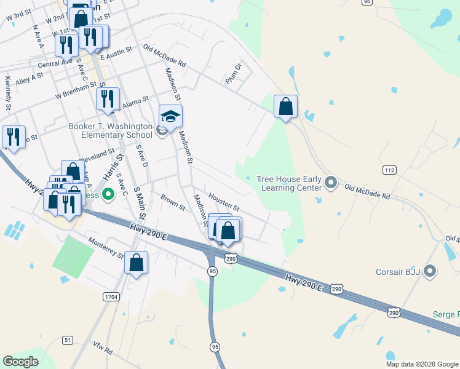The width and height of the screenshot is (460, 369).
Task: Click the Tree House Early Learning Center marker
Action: [x=331, y=183]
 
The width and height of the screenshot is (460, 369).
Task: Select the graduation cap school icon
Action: [x=171, y=116]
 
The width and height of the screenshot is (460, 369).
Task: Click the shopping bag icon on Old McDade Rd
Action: [x=285, y=107]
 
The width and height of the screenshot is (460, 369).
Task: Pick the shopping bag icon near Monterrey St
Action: [x=137, y=263]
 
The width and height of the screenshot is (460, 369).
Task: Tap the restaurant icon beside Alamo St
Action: [x=108, y=99]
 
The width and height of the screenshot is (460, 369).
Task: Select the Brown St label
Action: [x=173, y=203]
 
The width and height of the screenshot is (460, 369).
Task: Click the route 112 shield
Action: [x=389, y=170]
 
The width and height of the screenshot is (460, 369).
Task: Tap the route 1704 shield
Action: [x=111, y=297]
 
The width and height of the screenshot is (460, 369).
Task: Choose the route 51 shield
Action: [x=68, y=340]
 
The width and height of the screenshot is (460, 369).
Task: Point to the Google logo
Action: [x=20, y=362]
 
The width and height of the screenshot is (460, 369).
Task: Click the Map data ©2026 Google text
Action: [x=421, y=364]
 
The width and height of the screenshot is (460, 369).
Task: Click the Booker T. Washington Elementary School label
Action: [x=110, y=131]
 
